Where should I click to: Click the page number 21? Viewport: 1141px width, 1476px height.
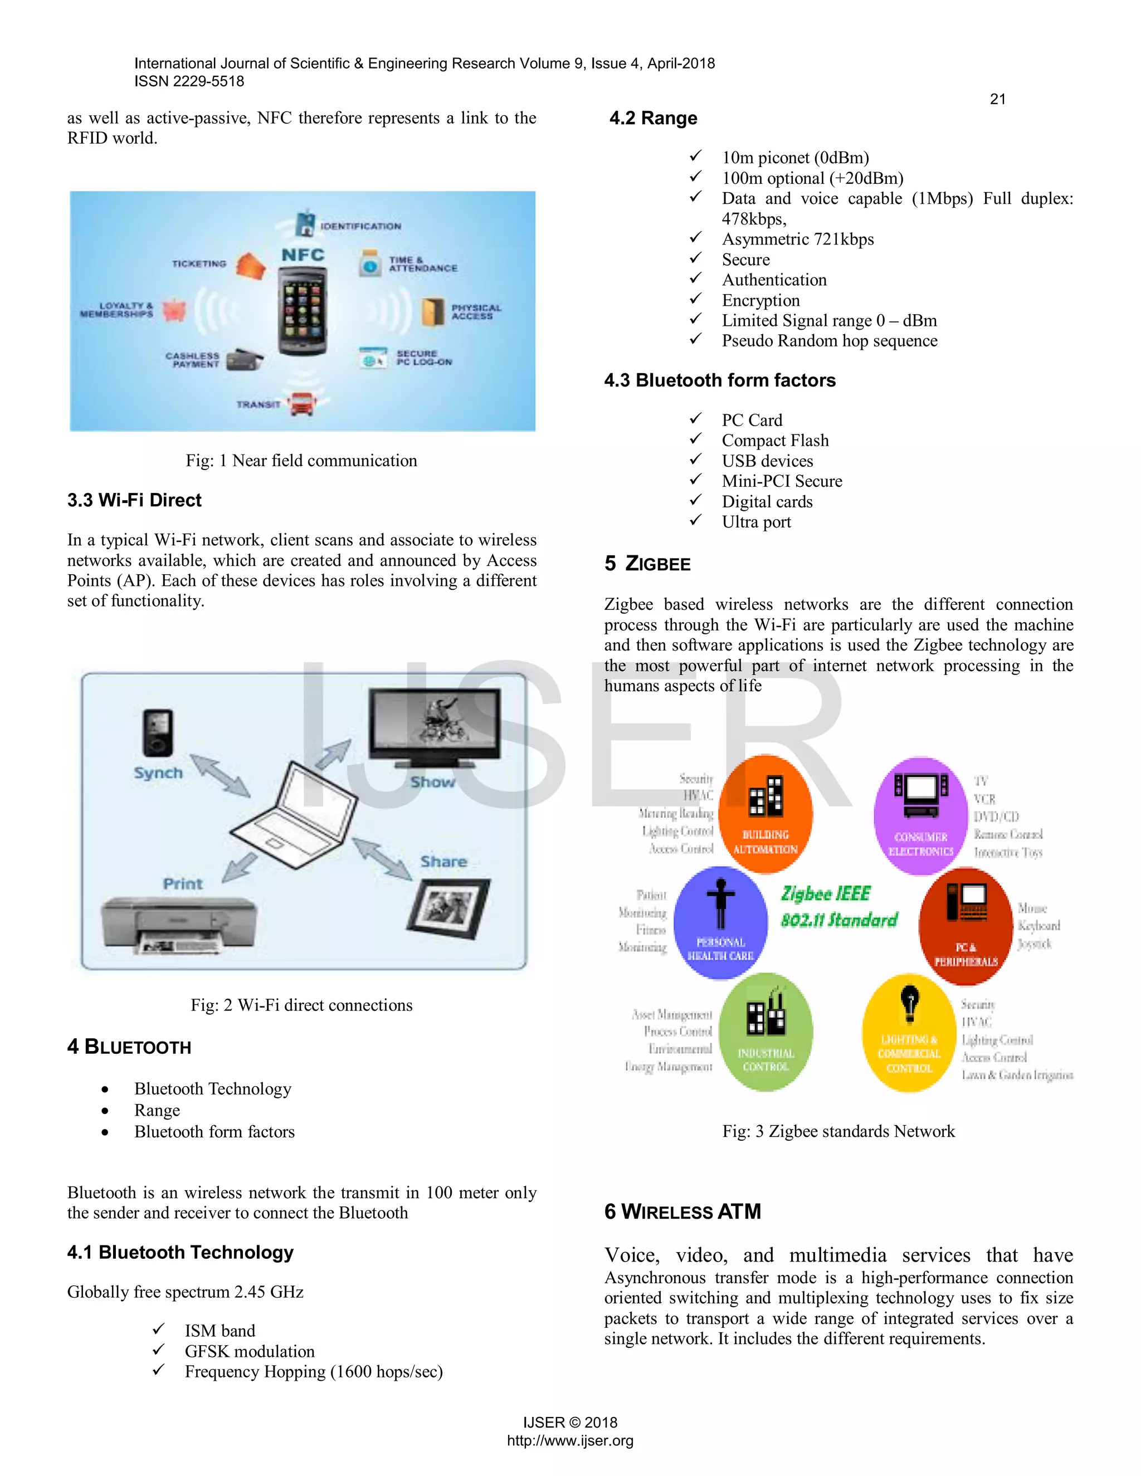pos(997,99)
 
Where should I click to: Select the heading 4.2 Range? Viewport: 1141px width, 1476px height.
pos(653,118)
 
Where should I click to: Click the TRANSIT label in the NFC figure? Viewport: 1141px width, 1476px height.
pos(258,404)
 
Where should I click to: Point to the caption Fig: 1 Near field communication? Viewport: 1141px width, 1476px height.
pos(301,461)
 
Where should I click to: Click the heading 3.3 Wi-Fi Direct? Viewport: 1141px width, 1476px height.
pos(134,500)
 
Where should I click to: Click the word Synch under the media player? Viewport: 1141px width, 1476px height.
pos(158,773)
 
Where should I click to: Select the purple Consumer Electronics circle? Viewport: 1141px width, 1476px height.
pos(920,815)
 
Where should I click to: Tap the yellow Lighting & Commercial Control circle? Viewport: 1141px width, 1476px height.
pos(909,1033)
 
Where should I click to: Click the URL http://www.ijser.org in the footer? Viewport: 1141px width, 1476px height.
pos(570,1440)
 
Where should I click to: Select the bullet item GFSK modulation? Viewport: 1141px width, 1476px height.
pos(250,1351)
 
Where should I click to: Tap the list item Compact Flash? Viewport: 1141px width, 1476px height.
pos(774,441)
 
